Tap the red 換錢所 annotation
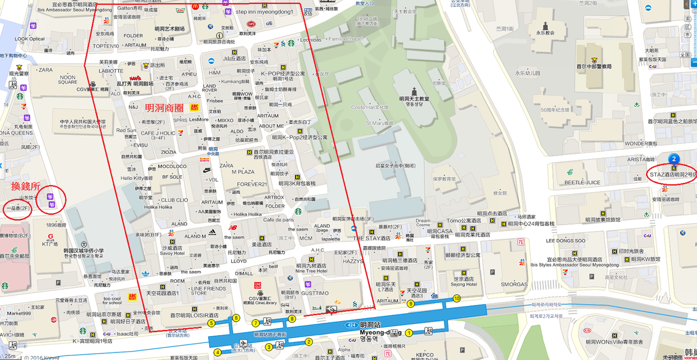point(25,186)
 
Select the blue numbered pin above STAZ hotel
point(673,158)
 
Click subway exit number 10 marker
point(457,298)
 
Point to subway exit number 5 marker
point(211,323)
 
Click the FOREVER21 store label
point(252,185)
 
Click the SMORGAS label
point(514,285)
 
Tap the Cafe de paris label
point(279,219)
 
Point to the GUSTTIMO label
point(314,293)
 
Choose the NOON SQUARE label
point(67,80)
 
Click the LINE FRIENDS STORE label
point(207,290)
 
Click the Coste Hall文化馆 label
point(369,107)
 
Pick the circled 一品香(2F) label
point(17,208)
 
